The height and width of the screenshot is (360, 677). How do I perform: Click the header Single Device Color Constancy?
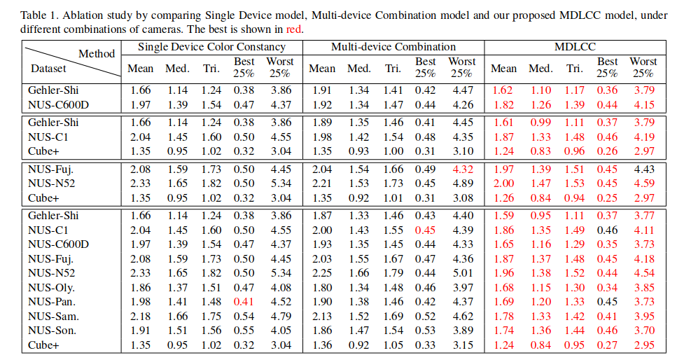pos(211,47)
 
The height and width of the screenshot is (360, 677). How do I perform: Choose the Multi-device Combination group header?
pos(393,47)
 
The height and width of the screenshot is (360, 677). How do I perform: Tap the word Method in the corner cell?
pos(97,53)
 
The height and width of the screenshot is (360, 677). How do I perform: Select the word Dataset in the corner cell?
pos(48,69)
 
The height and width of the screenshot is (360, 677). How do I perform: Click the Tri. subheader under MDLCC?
pos(574,69)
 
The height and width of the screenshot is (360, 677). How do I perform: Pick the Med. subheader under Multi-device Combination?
pos(358,69)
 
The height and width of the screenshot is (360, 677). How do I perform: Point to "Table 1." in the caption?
pos(39,15)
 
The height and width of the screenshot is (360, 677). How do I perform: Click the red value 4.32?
pos(461,169)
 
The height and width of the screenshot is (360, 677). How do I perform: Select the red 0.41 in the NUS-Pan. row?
pos(244,302)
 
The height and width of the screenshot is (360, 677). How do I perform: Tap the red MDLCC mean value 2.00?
pos(503,184)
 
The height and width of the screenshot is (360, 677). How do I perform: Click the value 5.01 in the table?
pos(461,273)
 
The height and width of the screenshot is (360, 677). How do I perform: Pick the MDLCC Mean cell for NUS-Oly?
pos(503,287)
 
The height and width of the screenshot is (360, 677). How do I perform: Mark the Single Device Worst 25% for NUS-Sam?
pos(280,317)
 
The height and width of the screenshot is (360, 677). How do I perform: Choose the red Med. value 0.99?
pos(540,123)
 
